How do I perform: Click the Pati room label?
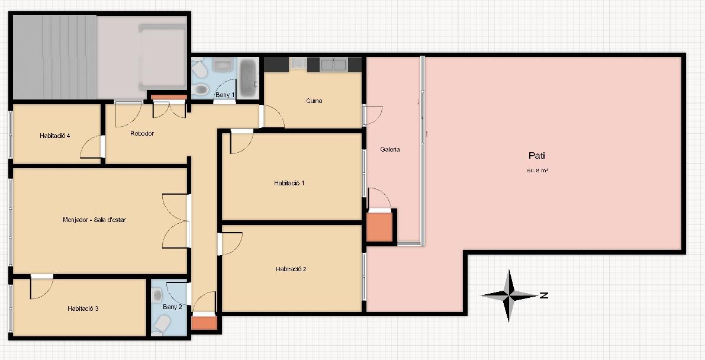(537, 156)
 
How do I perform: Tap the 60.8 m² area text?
(537, 171)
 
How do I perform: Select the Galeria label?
(390, 149)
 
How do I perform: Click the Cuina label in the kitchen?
(314, 101)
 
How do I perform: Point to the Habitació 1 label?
(289, 183)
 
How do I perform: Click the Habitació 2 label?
(291, 269)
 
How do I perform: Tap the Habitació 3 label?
(83, 308)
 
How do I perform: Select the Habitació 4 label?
(54, 136)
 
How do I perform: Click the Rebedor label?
(142, 133)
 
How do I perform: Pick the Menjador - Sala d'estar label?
(95, 220)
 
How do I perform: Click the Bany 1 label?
(225, 95)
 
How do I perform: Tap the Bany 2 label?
(172, 307)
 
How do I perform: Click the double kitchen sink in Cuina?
(333, 65)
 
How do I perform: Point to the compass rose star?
(509, 295)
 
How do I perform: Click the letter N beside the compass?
(543, 295)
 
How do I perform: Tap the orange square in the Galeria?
(379, 227)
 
